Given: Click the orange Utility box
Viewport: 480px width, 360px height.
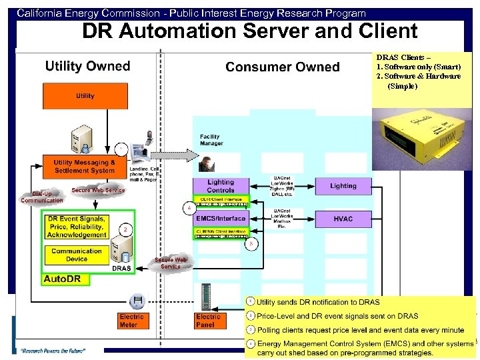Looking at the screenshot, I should [85, 96].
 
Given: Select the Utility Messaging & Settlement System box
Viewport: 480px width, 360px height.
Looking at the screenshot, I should [85, 166].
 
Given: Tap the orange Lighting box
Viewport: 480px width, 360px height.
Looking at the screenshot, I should [343, 186].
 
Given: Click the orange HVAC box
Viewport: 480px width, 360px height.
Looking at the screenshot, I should [343, 219].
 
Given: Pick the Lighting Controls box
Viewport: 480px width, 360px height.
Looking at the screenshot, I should [220, 186].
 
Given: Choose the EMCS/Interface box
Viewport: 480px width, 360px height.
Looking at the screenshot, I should [220, 218].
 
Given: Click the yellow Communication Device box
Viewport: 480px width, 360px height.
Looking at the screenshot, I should [77, 255].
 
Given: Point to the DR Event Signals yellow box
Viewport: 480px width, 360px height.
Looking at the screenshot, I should [77, 227].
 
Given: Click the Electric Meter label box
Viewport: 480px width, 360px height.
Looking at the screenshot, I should [131, 321].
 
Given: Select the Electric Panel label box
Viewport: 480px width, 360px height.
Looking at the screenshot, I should [208, 321].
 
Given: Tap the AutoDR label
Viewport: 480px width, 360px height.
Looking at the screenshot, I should [62, 279].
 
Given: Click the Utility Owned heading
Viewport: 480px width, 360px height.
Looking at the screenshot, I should [87, 66].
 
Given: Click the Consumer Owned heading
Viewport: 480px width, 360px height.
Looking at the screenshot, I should [282, 67].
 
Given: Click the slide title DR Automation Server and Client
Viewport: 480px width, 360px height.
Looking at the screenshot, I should [249, 31].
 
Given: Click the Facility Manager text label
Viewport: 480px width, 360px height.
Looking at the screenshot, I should [211, 140].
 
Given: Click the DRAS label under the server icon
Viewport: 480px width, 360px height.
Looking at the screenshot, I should [121, 268].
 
